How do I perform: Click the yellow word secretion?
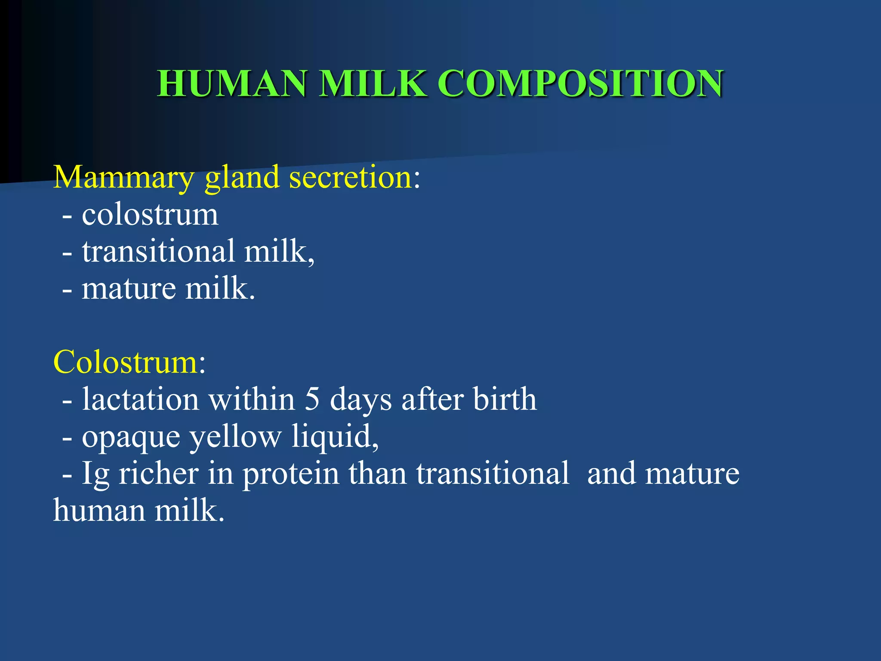click(351, 177)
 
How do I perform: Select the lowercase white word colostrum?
click(150, 215)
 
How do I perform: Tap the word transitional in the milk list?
click(158, 251)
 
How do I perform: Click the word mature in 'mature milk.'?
click(129, 289)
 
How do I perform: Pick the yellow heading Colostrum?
click(125, 362)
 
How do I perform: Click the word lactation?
click(140, 399)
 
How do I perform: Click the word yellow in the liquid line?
click(235, 437)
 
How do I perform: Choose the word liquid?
click(332, 436)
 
